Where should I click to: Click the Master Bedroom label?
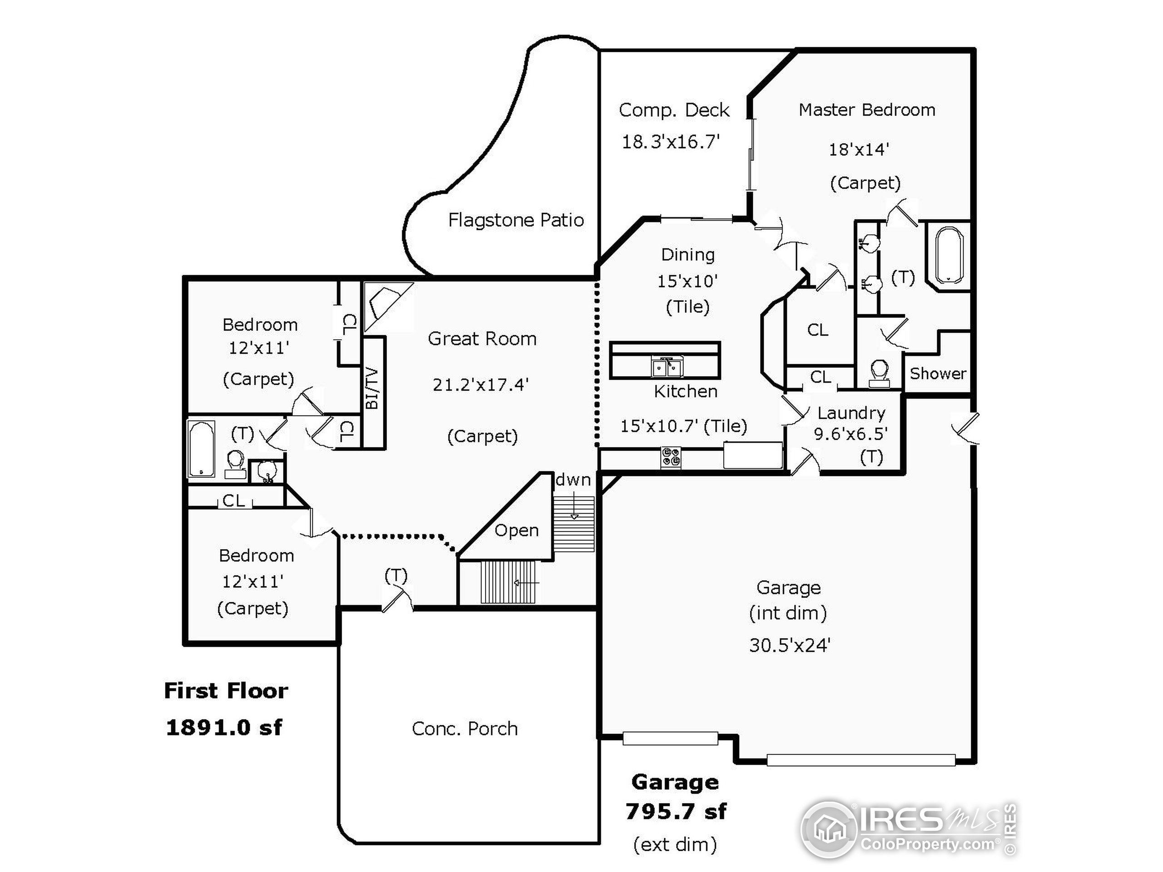[866, 110]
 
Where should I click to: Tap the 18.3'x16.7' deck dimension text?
[671, 142]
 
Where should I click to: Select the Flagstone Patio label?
[516, 220]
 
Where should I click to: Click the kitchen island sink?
[666, 367]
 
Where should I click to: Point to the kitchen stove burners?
[671, 456]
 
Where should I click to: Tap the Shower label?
[938, 374]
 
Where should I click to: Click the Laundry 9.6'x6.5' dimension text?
[851, 434]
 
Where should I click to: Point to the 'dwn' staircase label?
[573, 479]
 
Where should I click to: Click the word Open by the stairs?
[516, 530]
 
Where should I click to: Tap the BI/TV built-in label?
[372, 389]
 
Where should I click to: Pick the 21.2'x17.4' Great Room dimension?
[480, 385]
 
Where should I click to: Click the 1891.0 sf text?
[224, 728]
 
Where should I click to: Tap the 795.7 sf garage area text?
[676, 812]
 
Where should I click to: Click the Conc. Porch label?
[465, 728]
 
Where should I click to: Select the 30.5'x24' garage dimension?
[789, 645]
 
